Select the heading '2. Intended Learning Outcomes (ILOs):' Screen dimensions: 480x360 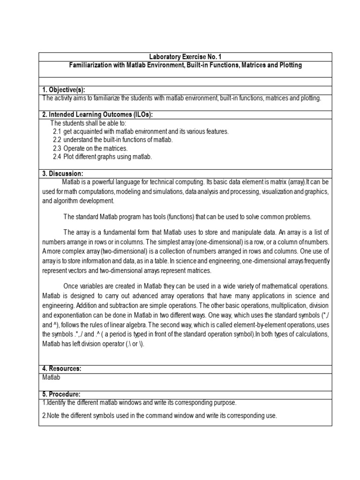97,115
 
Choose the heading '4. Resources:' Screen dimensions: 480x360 62,368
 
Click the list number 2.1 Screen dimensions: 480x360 57,132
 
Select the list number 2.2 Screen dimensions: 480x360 57,140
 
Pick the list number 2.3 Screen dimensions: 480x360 57,149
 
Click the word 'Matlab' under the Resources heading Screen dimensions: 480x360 51,377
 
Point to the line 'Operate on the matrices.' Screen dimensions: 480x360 96,149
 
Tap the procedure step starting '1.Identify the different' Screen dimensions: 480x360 139,403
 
